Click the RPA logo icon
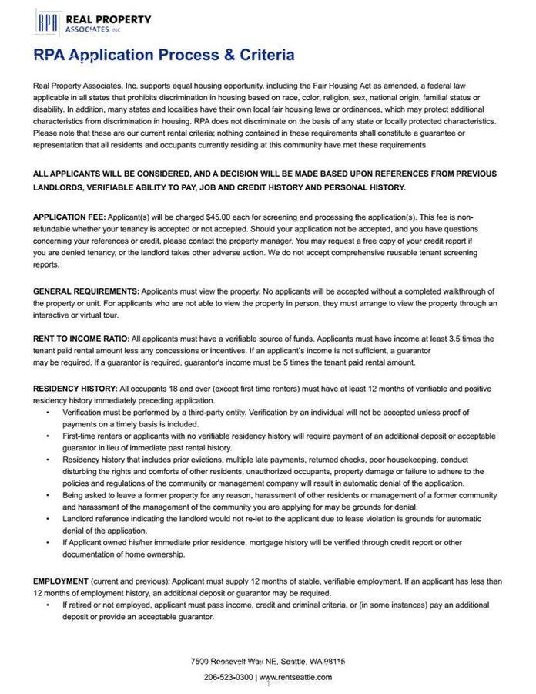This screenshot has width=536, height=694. pos(48,22)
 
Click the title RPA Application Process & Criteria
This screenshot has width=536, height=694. pos(163,55)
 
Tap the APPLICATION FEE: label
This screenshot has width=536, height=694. pos(69,217)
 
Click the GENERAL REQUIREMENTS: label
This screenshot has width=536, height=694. pos(85,291)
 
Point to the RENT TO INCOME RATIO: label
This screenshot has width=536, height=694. pos(81,339)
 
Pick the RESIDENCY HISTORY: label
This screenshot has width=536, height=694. pos(75,389)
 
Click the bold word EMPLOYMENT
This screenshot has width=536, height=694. pos(60,581)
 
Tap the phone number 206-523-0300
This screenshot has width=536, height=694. pos(228,677)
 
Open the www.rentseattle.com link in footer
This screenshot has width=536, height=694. pos(296,677)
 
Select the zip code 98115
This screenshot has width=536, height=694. pos(334,662)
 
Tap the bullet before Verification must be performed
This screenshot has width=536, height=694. pos(47,413)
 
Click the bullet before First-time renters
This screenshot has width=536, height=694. pos(47,436)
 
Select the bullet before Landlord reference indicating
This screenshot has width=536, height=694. pos(47,519)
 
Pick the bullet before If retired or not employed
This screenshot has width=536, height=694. pos(47,605)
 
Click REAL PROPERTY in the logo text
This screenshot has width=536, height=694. pos(109,19)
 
